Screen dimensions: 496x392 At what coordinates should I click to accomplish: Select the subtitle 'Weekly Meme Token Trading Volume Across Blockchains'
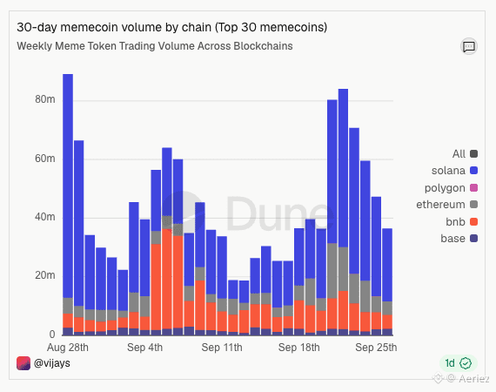click(x=155, y=46)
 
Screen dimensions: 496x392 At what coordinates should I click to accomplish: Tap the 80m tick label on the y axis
click(x=45, y=99)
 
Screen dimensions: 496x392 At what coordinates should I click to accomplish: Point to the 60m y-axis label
click(x=45, y=159)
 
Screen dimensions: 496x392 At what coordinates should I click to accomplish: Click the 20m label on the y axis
click(x=45, y=275)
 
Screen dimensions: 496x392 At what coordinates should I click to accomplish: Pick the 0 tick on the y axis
click(x=52, y=335)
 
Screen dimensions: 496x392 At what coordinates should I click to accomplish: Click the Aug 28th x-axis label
click(x=68, y=348)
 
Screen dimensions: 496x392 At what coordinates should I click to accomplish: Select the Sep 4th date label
click(x=144, y=348)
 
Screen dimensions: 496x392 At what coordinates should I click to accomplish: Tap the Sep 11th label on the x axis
click(x=222, y=348)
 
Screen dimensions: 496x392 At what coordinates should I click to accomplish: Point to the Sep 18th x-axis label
click(x=299, y=348)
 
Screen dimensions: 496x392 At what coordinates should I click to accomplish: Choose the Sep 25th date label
click(x=376, y=348)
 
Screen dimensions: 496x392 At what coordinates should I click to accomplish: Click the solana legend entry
click(x=454, y=171)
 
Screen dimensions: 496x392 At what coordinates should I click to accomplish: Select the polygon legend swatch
click(x=474, y=188)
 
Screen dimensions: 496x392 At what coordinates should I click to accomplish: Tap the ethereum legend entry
click(x=447, y=205)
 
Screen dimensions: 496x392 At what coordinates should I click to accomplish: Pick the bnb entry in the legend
click(x=461, y=221)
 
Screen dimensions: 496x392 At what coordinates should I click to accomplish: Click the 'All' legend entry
click(x=465, y=154)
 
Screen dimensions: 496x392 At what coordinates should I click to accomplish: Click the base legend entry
click(x=459, y=239)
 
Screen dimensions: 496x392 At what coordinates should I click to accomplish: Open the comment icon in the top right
click(x=469, y=46)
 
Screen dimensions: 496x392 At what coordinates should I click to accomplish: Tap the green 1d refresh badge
click(x=459, y=363)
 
